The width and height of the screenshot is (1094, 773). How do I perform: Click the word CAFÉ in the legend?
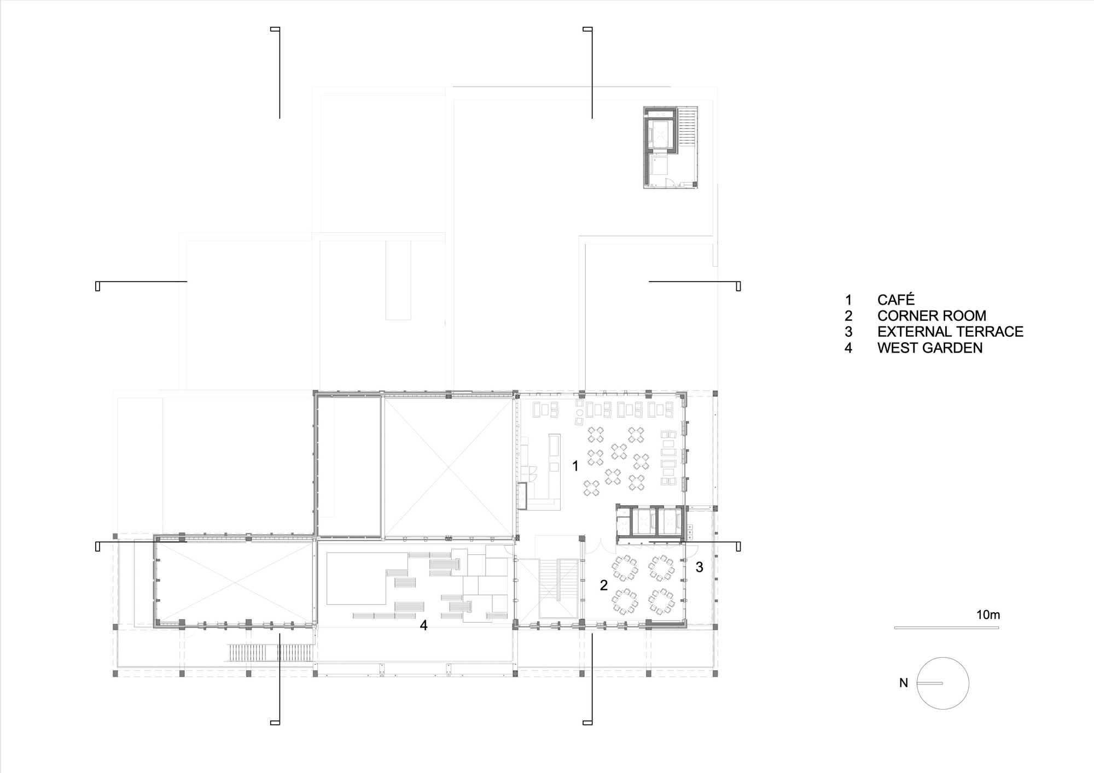pos(895,300)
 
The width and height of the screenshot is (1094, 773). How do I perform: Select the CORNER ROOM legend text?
pos(932,315)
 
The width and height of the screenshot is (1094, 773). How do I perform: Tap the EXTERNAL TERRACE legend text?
pos(950,331)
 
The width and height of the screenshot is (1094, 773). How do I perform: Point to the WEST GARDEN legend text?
pos(930,348)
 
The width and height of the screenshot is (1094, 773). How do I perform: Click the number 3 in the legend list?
pos(848,331)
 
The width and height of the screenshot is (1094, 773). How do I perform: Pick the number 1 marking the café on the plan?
pos(575,466)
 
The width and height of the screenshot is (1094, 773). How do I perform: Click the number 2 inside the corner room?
pos(604,585)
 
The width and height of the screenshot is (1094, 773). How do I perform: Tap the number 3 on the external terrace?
pos(699,567)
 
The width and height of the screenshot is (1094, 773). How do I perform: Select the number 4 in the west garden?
pos(424,625)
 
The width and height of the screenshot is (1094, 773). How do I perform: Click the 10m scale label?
pos(988,614)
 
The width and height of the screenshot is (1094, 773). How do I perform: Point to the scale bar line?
pos(946,628)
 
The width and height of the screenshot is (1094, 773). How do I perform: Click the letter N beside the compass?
pos(904,683)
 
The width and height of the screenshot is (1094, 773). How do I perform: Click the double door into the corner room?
pos(601,545)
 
